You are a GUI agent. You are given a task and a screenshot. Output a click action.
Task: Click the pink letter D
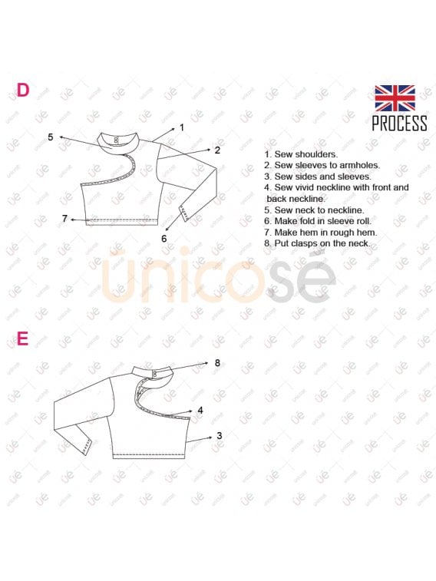pos(22,90)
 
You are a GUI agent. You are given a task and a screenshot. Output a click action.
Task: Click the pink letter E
pos(22,338)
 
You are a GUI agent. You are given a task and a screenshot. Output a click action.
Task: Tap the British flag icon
pos(395,98)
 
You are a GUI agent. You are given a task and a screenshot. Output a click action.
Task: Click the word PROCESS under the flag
pos(399,123)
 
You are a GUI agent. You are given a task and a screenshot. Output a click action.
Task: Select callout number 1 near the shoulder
pos(182,127)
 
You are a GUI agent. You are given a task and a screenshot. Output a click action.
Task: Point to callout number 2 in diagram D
pos(217,150)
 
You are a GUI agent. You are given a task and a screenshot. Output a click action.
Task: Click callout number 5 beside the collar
pos(51,137)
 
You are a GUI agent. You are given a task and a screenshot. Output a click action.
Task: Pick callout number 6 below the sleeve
pos(164,239)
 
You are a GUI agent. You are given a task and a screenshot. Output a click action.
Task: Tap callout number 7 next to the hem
pos(64,219)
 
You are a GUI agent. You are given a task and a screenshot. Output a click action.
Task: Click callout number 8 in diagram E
pos(217,363)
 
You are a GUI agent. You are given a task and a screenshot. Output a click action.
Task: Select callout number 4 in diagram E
pos(200,410)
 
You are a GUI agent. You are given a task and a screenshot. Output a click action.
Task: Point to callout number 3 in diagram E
pos(220,436)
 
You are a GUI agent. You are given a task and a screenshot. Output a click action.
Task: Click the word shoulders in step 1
pos(316,154)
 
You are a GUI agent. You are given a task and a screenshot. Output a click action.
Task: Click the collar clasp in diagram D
pos(116,140)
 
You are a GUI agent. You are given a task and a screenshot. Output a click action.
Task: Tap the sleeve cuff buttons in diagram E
pos(88,447)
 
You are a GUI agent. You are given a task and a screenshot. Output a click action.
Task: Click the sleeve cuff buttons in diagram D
pos(184,213)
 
